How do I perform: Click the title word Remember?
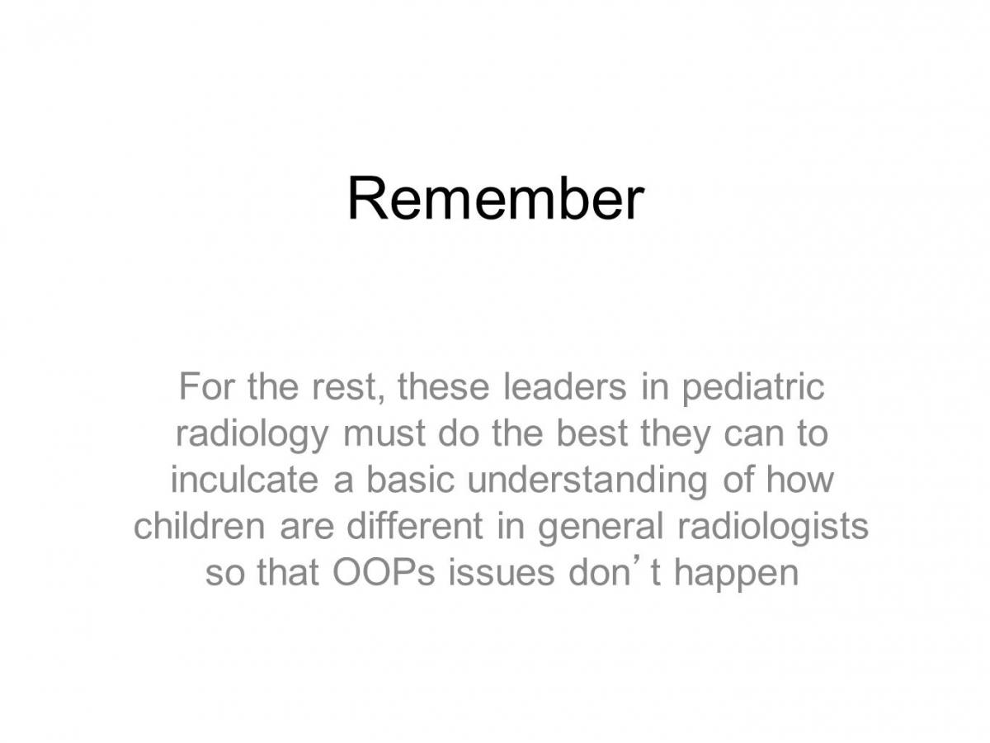click(495, 197)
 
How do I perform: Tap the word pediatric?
click(752, 388)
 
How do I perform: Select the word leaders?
click(564, 386)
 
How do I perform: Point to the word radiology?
click(252, 435)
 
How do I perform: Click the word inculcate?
click(244, 480)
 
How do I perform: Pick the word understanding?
click(587, 482)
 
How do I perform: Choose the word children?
click(200, 526)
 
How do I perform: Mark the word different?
click(415, 526)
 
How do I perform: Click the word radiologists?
click(773, 528)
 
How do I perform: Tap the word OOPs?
click(384, 572)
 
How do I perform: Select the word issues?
click(501, 573)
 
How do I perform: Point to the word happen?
click(737, 575)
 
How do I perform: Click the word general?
click(601, 528)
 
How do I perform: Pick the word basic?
click(410, 480)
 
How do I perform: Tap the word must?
click(384, 435)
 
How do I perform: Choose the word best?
click(592, 433)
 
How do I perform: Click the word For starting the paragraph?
click(207, 386)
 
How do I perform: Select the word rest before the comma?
click(345, 389)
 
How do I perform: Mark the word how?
click(800, 480)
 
